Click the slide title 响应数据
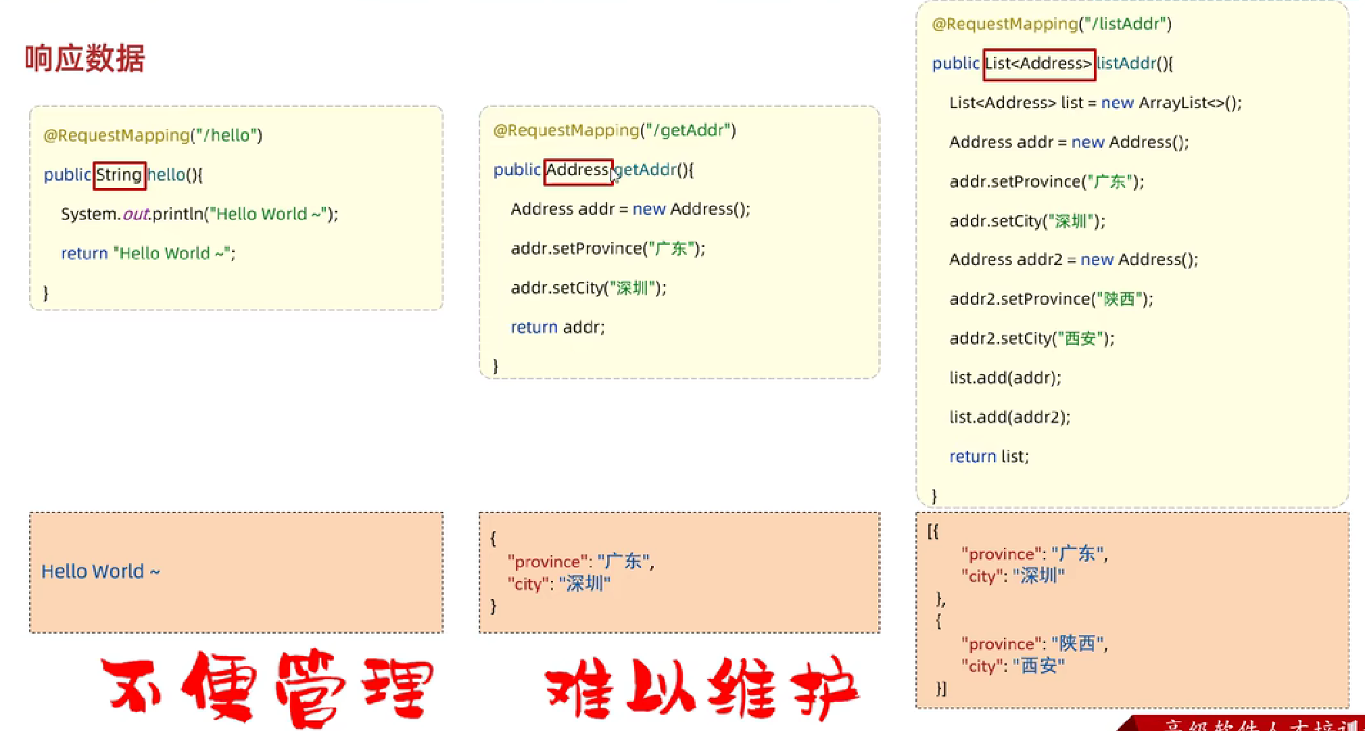point(85,58)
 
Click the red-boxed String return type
point(120,175)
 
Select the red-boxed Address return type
point(578,170)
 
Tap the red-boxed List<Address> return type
point(1038,64)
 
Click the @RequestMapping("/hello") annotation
point(153,135)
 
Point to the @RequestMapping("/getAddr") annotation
point(615,130)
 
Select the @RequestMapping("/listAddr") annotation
point(1051,24)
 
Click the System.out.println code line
point(199,214)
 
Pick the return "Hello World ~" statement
point(148,254)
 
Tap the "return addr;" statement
point(558,327)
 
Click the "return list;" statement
point(989,456)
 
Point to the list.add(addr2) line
point(1009,417)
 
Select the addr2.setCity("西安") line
point(1032,338)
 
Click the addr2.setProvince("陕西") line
point(1051,299)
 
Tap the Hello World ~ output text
point(101,571)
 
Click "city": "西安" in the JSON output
point(1013,666)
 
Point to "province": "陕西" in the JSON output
point(1034,644)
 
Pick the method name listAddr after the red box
point(1126,64)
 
